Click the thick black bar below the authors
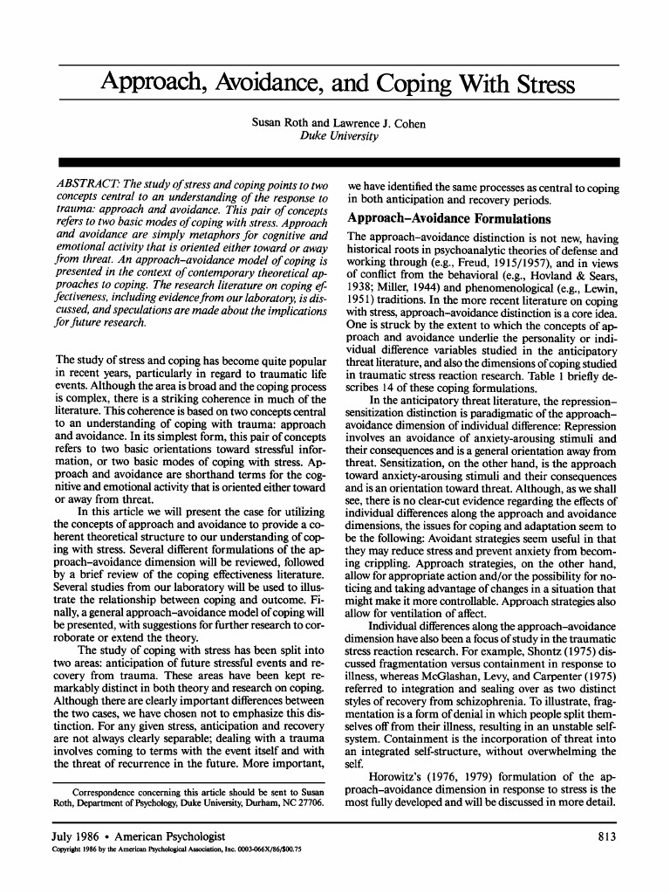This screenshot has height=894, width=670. click(336, 162)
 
